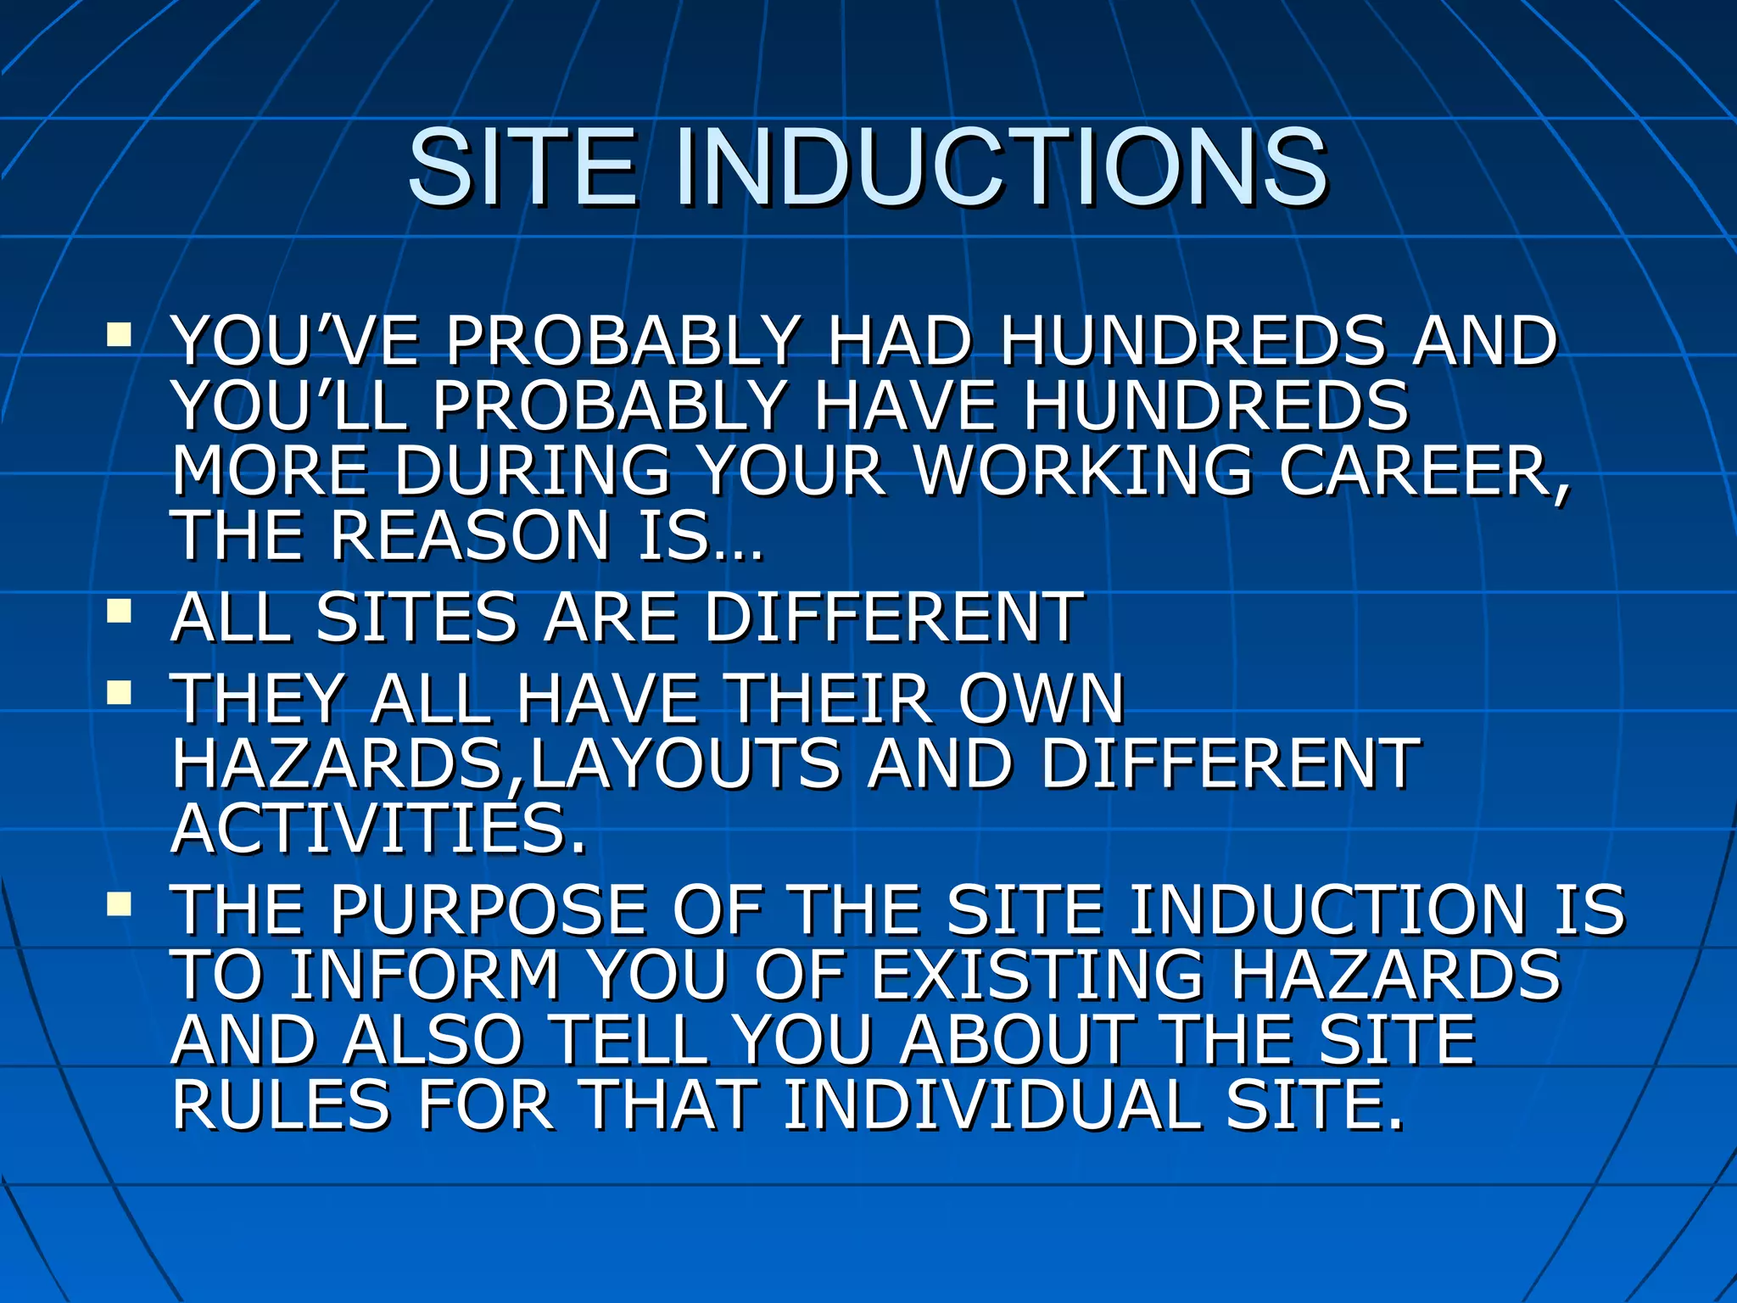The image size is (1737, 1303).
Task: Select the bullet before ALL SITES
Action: [119, 610]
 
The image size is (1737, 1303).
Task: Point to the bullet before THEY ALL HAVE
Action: [119, 692]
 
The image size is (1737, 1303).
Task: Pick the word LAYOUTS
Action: [684, 763]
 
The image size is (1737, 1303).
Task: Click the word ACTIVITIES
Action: [378, 829]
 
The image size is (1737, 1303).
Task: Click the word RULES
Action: [280, 1105]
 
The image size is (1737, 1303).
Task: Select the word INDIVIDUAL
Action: [991, 1105]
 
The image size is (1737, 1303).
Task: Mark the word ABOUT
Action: [1017, 1041]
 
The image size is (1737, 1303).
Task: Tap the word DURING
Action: [532, 471]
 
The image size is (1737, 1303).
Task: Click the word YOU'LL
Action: [289, 405]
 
